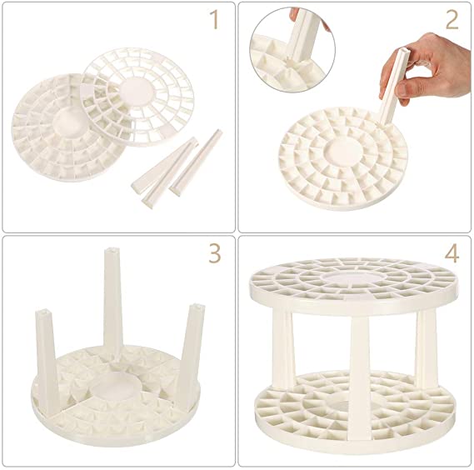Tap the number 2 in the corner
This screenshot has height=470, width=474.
[451, 20]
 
